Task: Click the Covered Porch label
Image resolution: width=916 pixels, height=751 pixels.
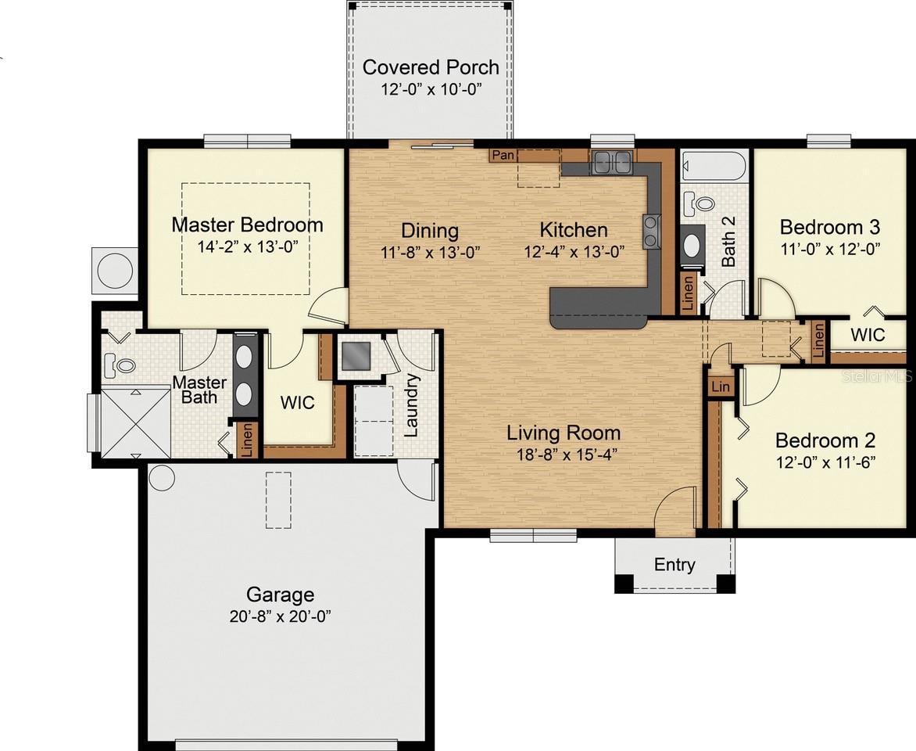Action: (x=431, y=67)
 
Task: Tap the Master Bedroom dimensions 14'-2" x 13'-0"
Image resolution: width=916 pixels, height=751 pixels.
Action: (x=247, y=246)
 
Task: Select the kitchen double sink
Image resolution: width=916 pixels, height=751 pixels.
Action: (x=612, y=162)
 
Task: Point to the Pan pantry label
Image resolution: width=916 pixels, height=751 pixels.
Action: (x=503, y=155)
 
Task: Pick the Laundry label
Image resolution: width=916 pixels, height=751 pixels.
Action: (x=413, y=405)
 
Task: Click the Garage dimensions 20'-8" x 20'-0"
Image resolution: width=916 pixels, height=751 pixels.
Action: (x=281, y=616)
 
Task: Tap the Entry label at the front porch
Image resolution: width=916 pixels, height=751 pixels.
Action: (x=674, y=565)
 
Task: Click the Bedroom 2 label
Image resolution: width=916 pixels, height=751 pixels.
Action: (x=825, y=440)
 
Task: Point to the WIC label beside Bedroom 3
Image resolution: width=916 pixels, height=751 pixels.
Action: (x=868, y=335)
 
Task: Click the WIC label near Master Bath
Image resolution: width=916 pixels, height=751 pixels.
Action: (x=298, y=402)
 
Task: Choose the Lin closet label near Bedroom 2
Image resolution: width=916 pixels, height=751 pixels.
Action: (x=721, y=386)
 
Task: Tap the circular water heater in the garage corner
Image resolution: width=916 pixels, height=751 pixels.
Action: (x=162, y=477)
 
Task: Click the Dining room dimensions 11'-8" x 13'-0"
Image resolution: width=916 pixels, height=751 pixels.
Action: (x=430, y=252)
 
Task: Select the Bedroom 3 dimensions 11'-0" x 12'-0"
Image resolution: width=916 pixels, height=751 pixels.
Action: (x=830, y=249)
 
